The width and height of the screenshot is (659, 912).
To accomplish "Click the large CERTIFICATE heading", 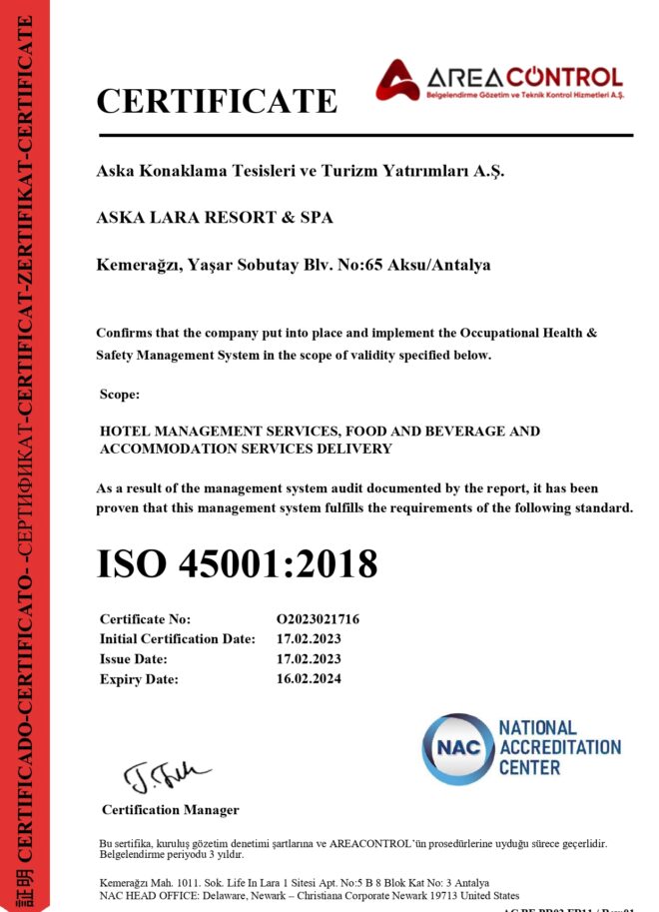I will point(217,100).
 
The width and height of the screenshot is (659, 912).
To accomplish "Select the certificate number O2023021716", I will point(318,619).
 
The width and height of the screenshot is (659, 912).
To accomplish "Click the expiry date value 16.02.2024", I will point(309,679).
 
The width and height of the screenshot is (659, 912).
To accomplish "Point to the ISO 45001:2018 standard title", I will point(237,563).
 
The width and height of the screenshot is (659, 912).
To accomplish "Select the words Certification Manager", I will point(170,809).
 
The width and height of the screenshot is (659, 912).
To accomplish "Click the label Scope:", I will point(120,395).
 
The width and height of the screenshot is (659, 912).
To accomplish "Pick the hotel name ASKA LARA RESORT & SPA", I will point(214,218).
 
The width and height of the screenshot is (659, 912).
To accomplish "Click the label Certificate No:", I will point(145,619).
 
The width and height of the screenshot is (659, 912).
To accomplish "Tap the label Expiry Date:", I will point(139,679).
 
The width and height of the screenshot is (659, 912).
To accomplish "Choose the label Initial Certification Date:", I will point(178,639).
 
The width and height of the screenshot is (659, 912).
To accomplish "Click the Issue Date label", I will point(134,659).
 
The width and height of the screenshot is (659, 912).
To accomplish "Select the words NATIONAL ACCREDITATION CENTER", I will point(558,748).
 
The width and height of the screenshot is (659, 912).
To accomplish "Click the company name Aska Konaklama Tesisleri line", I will point(301,171).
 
